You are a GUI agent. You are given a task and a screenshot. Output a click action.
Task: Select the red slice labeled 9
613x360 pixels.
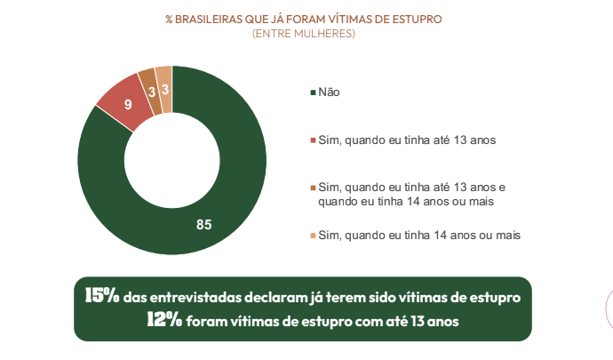(x=120, y=102)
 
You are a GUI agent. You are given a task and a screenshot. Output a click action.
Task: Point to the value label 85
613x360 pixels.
(x=203, y=224)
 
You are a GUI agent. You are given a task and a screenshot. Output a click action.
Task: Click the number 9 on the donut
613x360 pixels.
(x=128, y=105)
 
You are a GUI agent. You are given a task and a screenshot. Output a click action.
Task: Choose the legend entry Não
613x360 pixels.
(x=329, y=92)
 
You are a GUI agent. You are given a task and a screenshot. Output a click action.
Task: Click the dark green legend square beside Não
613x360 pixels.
(x=312, y=92)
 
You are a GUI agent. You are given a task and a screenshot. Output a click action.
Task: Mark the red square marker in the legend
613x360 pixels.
(x=312, y=140)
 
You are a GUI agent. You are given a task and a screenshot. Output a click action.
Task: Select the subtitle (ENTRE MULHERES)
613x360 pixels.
(x=303, y=34)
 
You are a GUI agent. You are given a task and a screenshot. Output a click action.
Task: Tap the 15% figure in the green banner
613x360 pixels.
(x=101, y=295)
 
